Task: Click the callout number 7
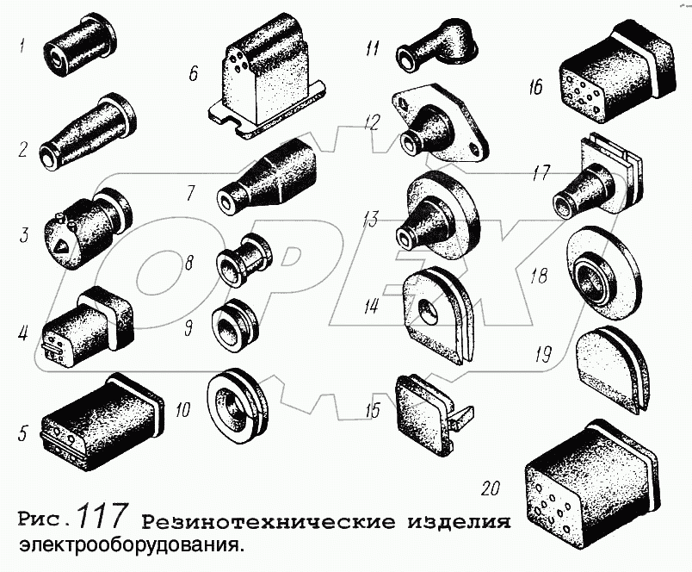pyautogui.click(x=190, y=194)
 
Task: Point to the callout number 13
pyautogui.click(x=370, y=219)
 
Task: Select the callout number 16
pyautogui.click(x=534, y=87)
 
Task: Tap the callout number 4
pyautogui.click(x=23, y=333)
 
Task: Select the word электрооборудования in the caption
pyautogui.click(x=131, y=546)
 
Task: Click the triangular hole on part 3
pyautogui.click(x=62, y=246)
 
